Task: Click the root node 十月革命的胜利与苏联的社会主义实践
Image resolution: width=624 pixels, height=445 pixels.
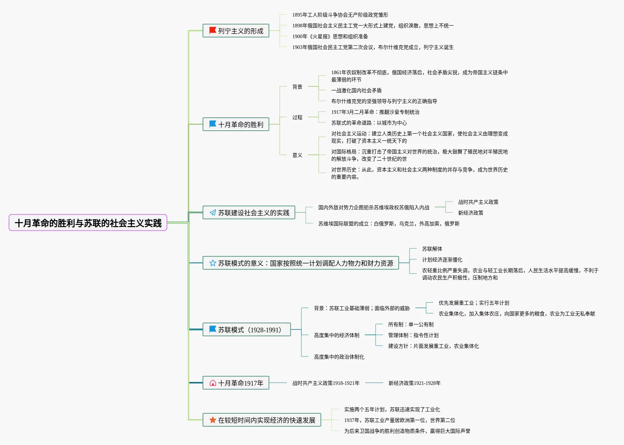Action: tap(88, 223)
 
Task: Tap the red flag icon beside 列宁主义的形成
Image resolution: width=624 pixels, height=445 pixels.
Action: tap(213, 31)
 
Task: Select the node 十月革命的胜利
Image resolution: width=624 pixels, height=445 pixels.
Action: tap(236, 124)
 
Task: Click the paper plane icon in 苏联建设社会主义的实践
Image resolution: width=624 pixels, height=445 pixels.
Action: tap(213, 212)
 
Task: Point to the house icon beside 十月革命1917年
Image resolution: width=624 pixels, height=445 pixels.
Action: tap(213, 383)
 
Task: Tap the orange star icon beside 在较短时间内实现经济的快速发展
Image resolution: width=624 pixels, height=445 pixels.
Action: tap(213, 420)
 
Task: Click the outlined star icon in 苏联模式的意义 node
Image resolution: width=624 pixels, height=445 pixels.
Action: tap(213, 263)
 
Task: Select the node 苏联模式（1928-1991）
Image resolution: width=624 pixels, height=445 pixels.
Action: tap(247, 329)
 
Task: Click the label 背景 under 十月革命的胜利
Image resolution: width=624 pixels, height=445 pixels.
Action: tap(297, 87)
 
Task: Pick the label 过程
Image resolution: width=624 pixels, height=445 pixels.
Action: tap(297, 117)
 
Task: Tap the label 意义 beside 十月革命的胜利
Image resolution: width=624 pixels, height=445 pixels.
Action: tap(297, 155)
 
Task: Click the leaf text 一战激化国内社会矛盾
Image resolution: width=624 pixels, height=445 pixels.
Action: tap(356, 90)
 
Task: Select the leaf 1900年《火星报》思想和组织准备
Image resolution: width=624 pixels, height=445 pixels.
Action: tap(330, 36)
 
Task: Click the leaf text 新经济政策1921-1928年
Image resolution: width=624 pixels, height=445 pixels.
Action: tap(414, 383)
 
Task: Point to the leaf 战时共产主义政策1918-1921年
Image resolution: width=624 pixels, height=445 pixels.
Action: tap(326, 383)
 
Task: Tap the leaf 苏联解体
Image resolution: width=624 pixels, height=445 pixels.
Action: tap(432, 249)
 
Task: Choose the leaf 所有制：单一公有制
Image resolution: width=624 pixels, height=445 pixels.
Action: tap(411, 324)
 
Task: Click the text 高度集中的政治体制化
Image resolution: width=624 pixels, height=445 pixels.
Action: tap(339, 357)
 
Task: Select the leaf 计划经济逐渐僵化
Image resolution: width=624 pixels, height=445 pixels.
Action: tap(442, 260)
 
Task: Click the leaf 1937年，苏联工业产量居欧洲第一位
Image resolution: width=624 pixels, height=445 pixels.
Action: tap(399, 420)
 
